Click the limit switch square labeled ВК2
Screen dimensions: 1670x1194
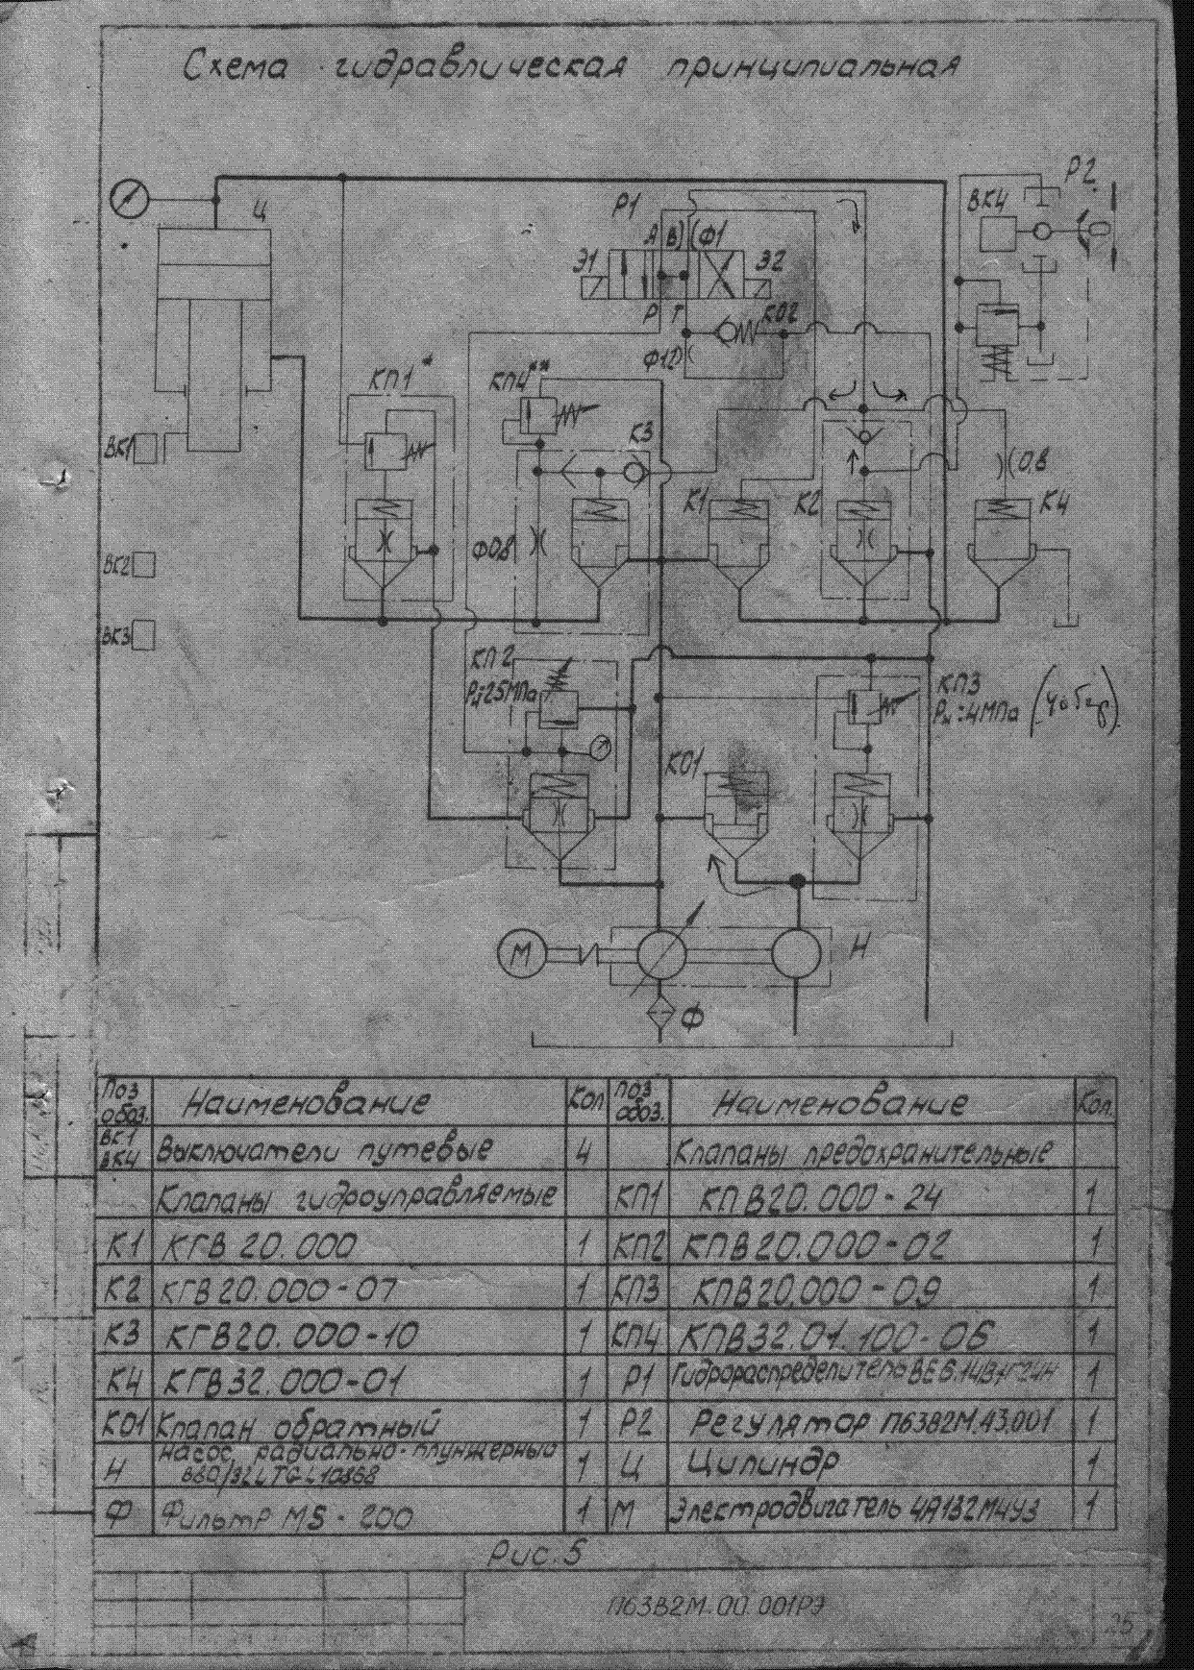coord(144,565)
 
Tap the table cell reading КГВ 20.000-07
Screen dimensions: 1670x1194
coord(279,1290)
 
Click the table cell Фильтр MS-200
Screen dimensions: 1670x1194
coord(286,1518)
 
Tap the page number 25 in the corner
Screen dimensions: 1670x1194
coord(1119,1623)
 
